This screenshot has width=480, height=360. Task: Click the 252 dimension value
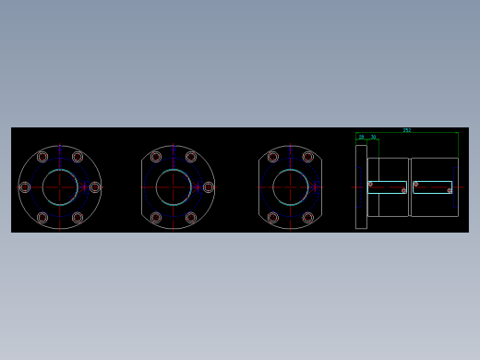pyautogui.click(x=407, y=130)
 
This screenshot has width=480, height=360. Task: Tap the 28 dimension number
pyautogui.click(x=362, y=137)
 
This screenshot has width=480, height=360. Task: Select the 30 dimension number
pyautogui.click(x=373, y=137)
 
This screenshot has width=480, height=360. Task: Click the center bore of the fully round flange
pyautogui.click(x=60, y=187)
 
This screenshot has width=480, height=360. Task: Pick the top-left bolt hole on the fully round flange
pyautogui.click(x=42, y=157)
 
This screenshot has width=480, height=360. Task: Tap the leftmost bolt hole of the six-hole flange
pyautogui.click(x=25, y=187)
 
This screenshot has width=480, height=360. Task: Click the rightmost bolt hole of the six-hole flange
pyautogui.click(x=95, y=187)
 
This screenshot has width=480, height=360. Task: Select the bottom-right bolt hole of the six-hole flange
pyautogui.click(x=78, y=218)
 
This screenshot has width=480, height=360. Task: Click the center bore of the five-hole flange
pyautogui.click(x=173, y=187)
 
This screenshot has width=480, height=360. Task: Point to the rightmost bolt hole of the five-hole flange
pyautogui.click(x=208, y=187)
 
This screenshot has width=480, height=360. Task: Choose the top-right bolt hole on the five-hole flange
pyautogui.click(x=190, y=157)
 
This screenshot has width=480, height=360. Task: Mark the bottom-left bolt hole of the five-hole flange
pyautogui.click(x=155, y=218)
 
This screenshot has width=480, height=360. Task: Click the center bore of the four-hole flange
pyautogui.click(x=290, y=187)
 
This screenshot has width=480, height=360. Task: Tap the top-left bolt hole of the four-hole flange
pyautogui.click(x=272, y=157)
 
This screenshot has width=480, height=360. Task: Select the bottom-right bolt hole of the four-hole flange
pyautogui.click(x=307, y=218)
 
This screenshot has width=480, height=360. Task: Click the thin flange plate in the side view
pyautogui.click(x=361, y=186)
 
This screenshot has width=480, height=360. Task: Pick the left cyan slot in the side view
pyautogui.click(x=388, y=187)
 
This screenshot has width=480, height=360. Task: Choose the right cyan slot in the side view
pyautogui.click(x=432, y=187)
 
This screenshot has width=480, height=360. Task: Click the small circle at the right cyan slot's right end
pyautogui.click(x=450, y=191)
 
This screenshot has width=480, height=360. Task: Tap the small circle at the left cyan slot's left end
pyautogui.click(x=371, y=184)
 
